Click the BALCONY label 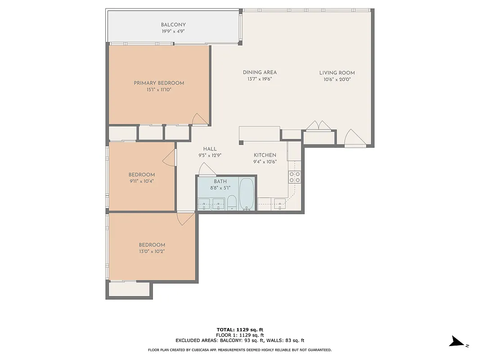173,25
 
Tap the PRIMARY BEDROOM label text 159,83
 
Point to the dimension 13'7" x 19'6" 260,79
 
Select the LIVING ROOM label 337,73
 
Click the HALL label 210,149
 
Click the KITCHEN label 265,155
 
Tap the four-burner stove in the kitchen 295,177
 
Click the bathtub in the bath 246,194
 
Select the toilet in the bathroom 232,203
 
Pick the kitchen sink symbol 280,204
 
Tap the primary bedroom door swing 199,118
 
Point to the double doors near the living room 319,126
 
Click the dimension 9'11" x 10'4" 141,181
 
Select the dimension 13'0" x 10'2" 152,252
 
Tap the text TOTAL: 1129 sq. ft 240,329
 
